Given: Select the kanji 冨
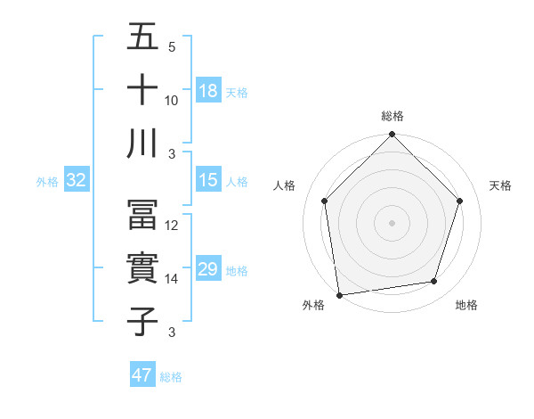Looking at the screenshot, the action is coord(142,215).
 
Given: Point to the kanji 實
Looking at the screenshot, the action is coord(142,268).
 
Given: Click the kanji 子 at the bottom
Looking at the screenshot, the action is coord(142,322).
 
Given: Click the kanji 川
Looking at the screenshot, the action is coord(142,144).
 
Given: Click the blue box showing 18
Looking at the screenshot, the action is coord(207,91).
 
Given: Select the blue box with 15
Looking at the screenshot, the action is coord(207,180).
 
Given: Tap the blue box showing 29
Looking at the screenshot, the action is coord(207,269).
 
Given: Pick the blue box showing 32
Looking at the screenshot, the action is coord(76,180).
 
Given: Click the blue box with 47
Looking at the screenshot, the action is coord(142,375).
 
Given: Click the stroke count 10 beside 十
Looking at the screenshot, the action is coord(172,101).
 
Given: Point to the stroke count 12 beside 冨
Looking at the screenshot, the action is coord(172,226).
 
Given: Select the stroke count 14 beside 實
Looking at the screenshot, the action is coord(172,279).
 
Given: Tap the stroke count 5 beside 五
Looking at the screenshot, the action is coord(172,46).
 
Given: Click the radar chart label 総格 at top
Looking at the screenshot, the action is coord(392,116).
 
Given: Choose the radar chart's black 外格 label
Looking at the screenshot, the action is coord(313,305).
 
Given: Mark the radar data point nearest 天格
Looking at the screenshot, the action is coord(459,201).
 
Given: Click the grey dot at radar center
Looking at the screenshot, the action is coord(392,222).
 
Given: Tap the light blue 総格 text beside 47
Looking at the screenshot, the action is coord(171,377).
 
